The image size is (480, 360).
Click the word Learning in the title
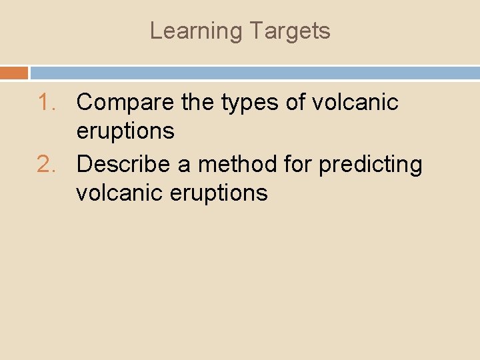(x=196, y=31)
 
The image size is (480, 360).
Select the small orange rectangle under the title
(x=14, y=73)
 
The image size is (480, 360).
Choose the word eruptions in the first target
(x=125, y=131)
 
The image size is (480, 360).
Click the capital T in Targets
(x=255, y=31)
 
